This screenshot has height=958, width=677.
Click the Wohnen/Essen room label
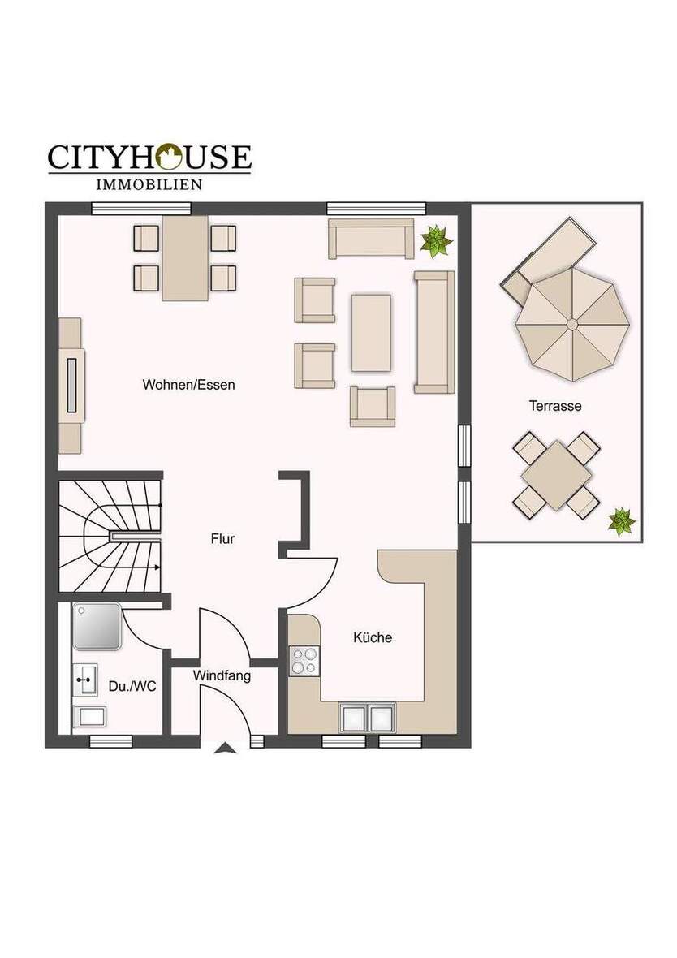188,384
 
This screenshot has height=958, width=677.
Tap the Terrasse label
555,406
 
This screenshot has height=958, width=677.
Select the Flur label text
222,537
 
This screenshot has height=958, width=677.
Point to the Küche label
372,637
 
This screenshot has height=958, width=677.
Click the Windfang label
222,675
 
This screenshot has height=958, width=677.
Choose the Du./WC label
132,686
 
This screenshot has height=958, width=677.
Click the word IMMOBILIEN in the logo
149,184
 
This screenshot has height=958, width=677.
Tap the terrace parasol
572,325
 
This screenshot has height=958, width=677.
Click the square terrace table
556,475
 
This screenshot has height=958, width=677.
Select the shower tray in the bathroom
97,626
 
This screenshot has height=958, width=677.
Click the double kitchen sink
367,717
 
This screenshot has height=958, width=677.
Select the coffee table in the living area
371,332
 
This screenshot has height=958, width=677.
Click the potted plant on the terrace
622,520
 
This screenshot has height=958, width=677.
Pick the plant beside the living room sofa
436,241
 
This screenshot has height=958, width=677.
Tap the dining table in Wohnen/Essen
184,258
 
